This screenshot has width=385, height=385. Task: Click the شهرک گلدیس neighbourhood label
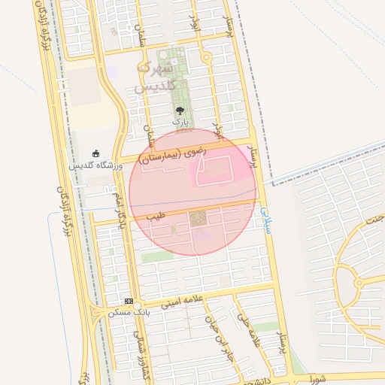click(156, 77)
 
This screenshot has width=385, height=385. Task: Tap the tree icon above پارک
click(179, 111)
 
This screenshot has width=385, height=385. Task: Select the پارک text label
click(179, 121)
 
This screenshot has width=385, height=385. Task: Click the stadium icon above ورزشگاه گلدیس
click(95, 153)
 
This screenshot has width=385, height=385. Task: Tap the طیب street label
click(156, 216)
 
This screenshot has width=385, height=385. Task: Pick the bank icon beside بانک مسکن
click(129, 301)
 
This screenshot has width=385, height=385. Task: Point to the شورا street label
click(319, 378)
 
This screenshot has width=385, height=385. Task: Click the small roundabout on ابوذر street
click(206, 57)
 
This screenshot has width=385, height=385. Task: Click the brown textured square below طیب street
click(198, 219)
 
